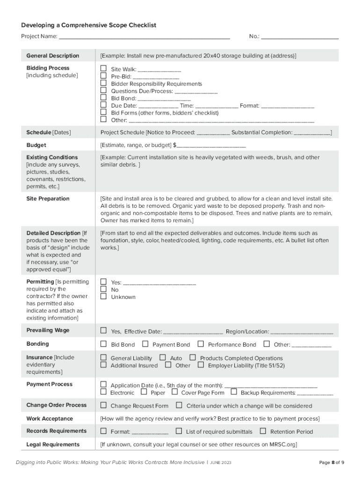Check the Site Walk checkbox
coord(104,69)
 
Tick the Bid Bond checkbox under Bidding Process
coord(104,98)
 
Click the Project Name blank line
coord(144,36)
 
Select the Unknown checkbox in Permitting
coord(104,297)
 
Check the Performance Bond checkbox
coord(201,344)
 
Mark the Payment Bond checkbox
coord(145,344)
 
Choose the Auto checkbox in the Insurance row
coord(163,358)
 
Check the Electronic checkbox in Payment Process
coord(104,392)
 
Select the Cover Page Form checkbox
coord(174,392)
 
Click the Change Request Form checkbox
coord(104,405)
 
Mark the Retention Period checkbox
coord(263,431)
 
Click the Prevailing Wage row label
coord(48,330)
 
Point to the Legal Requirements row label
coord(53,444)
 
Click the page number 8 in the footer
coord(333,463)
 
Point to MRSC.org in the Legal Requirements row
coord(283,444)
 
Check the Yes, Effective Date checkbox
coord(104,331)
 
